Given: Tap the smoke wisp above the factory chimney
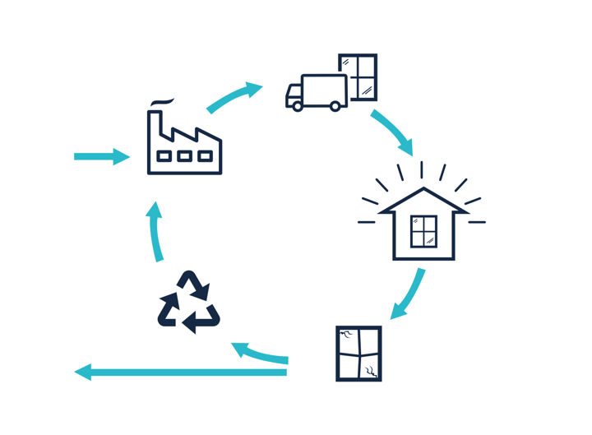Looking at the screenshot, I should click(161, 102).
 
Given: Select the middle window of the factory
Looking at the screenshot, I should click(185, 156).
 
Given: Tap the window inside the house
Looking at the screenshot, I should click(423, 231).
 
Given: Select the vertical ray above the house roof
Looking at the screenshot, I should click(422, 169).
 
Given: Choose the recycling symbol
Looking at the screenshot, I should click(189, 303).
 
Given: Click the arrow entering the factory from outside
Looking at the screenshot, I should click(101, 156).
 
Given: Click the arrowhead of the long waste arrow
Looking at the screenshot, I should click(82, 373).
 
